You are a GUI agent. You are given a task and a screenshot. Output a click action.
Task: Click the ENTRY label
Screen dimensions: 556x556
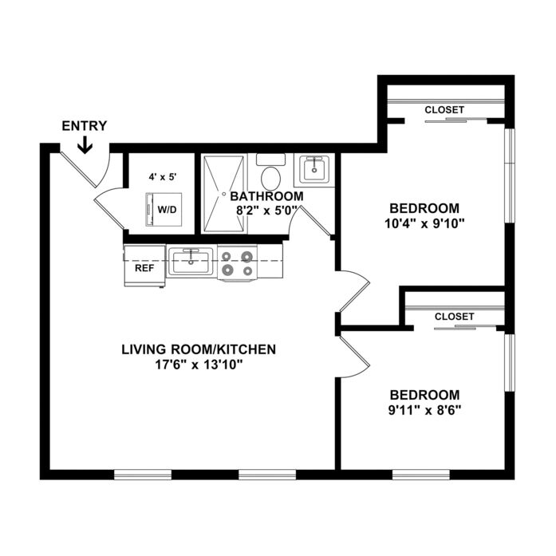point(85,126)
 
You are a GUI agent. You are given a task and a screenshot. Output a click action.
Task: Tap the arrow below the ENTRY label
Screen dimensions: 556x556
point(85,144)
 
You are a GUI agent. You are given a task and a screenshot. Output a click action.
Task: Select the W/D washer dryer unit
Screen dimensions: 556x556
point(164,209)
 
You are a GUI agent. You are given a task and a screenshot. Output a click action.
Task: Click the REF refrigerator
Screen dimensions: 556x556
point(144,266)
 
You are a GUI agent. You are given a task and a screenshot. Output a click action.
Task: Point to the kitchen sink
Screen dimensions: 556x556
point(191,262)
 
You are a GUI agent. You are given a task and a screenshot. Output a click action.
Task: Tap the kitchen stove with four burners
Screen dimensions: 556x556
point(237,263)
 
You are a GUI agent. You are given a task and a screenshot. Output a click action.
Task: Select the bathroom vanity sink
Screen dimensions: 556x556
point(314,170)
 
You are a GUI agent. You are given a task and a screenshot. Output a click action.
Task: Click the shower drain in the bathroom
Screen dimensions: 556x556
point(223,194)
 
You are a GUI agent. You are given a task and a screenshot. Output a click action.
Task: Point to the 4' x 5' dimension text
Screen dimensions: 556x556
point(163,177)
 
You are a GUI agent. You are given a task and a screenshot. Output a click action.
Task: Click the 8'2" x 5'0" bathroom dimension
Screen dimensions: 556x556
point(266,211)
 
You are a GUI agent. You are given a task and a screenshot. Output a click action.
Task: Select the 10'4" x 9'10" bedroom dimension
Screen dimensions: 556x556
point(424,223)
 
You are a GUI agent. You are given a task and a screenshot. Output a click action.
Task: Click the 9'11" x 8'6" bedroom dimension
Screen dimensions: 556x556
point(424,410)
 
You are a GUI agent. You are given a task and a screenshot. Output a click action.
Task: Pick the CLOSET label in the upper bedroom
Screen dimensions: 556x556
point(444,110)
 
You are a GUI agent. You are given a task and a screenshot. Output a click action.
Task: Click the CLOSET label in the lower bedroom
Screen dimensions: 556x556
point(454,317)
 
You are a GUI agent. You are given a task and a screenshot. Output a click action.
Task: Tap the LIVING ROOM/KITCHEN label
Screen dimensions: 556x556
point(199,349)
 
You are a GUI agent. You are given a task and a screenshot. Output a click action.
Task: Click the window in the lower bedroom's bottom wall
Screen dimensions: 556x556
point(421,475)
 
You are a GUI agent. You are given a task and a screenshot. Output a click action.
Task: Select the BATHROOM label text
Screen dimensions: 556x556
point(267,196)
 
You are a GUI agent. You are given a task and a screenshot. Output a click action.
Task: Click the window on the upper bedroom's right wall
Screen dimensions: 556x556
point(510,175)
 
